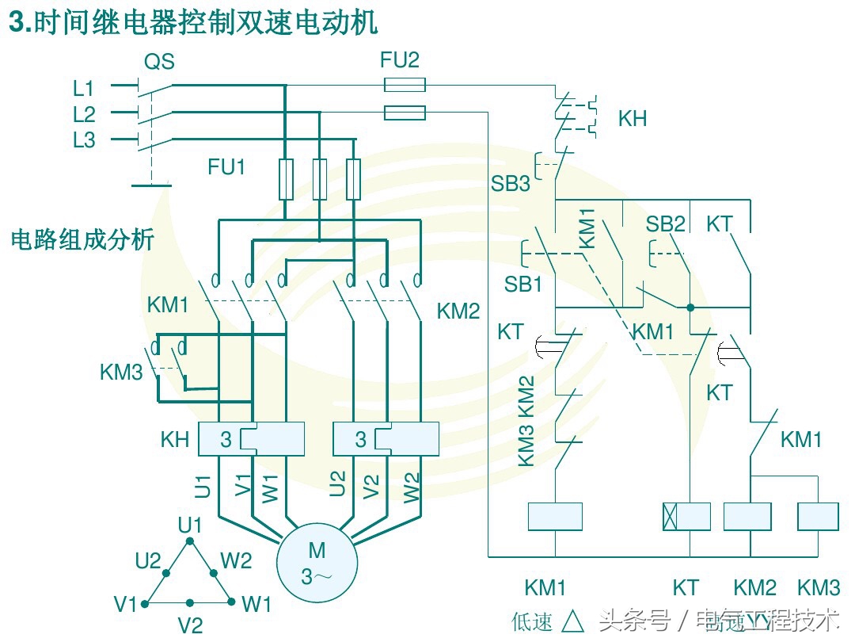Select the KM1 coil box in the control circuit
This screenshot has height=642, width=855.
tap(554, 517)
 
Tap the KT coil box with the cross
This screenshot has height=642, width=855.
tap(686, 517)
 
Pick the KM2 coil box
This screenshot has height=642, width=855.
tap(747, 517)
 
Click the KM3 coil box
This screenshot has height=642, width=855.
tap(818, 517)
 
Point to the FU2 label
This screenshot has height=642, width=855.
tap(401, 60)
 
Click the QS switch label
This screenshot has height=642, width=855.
tap(159, 62)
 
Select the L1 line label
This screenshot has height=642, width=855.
tap(84, 87)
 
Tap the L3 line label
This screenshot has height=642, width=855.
tap(84, 141)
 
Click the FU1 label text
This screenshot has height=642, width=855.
tap(226, 167)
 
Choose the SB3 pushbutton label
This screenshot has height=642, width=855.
tap(510, 184)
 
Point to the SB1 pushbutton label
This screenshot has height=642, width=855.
tap(523, 285)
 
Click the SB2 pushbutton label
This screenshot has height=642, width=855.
tap(665, 224)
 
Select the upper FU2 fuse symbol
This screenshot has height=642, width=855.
tap(405, 85)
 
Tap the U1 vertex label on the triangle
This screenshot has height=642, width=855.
tap(190, 525)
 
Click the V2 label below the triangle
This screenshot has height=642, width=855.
tap(190, 625)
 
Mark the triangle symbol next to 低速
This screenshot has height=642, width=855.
tap(572, 621)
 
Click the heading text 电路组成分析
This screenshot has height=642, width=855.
tap(82, 239)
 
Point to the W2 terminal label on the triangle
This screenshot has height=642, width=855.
tap(236, 561)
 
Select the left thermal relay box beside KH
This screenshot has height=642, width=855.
tap(251, 439)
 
